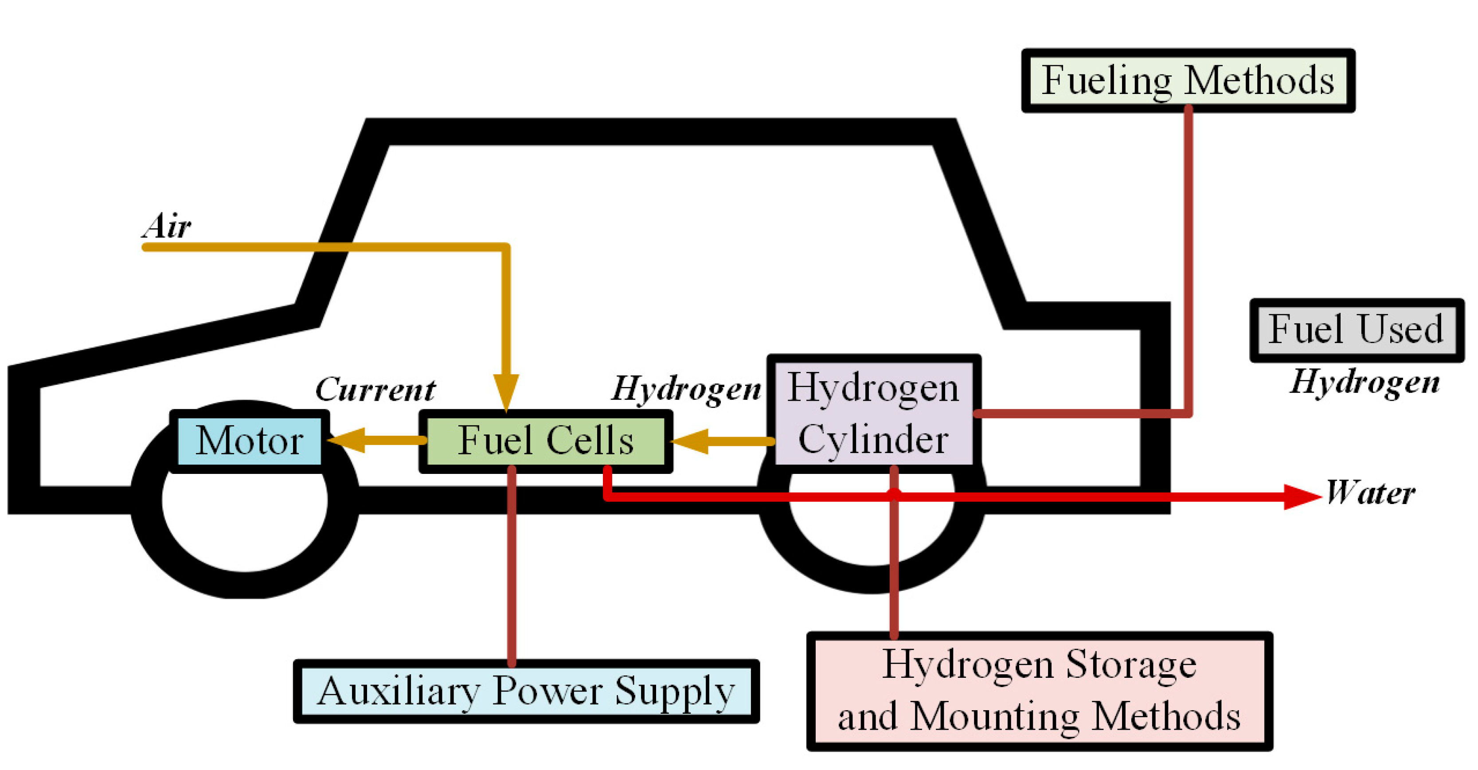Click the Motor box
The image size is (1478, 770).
pos(249,441)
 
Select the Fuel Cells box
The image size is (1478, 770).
pos(545,441)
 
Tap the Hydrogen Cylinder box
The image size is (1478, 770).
pos(873,413)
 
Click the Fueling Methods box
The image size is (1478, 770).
pos(1188,80)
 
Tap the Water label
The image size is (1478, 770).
pos(1370,493)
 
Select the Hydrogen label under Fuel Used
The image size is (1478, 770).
pos(1365,382)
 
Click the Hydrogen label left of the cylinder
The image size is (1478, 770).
pos(686,389)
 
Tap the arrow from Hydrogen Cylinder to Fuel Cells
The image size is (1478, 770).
pos(723,442)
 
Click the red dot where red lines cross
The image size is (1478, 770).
pos(894,493)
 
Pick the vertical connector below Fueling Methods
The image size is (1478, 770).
pos(1188,258)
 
